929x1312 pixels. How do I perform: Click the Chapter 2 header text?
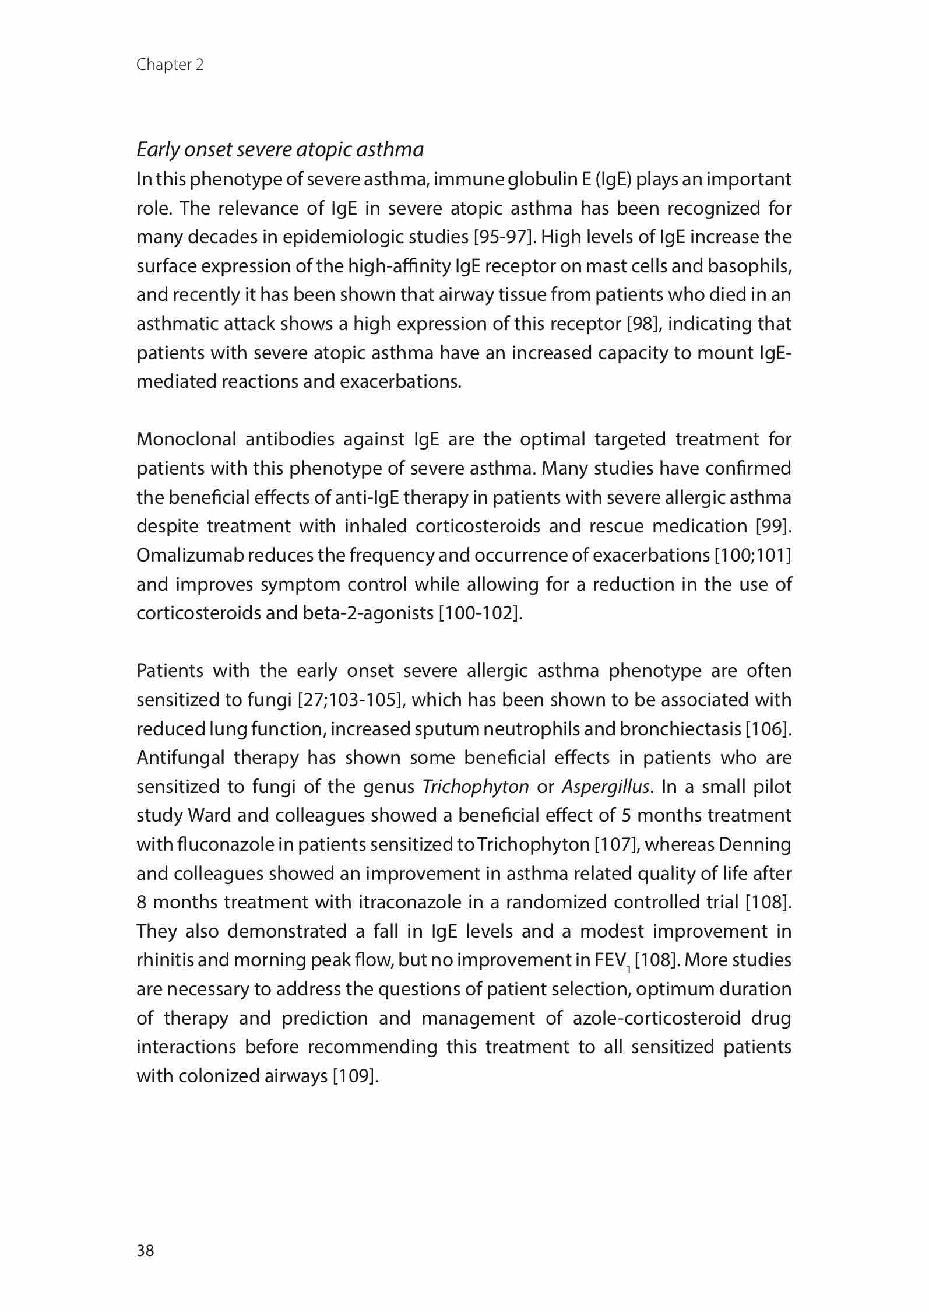pyautogui.click(x=170, y=65)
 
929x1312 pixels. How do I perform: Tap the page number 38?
pyautogui.click(x=145, y=1250)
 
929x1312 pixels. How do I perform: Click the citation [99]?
pyautogui.click(x=773, y=527)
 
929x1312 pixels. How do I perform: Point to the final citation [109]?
pyautogui.click(x=356, y=1076)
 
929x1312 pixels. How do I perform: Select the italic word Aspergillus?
pyautogui.click(x=605, y=787)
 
